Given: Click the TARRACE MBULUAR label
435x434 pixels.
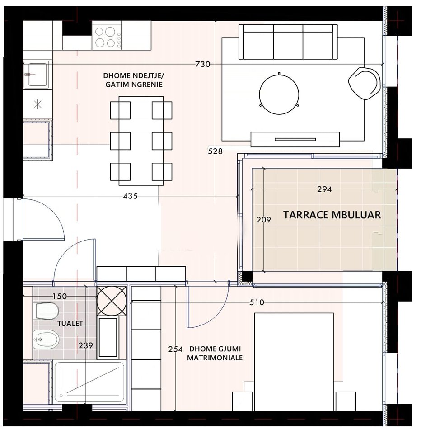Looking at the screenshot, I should coord(332,215).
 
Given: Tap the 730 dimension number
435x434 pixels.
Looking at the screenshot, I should coord(202,65).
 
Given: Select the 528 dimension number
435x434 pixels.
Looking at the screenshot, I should coord(215,151).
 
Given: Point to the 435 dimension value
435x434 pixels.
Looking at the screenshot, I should coord(130,196).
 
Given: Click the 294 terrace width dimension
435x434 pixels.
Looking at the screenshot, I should coord(324,189).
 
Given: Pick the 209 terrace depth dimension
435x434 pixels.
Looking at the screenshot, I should coord(263,220).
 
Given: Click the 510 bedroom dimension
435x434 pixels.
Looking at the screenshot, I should coord(256,302).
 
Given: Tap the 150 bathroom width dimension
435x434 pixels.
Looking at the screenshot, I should coord(59,297).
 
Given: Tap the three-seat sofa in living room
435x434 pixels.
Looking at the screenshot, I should coord(288,42).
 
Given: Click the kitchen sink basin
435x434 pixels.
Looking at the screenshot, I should coord(36,75).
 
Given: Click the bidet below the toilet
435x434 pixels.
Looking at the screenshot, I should coord(46,339).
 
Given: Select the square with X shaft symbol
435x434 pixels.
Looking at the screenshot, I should coord(112,301).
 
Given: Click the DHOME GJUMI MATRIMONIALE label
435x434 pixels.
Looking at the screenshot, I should coord(215,353).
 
